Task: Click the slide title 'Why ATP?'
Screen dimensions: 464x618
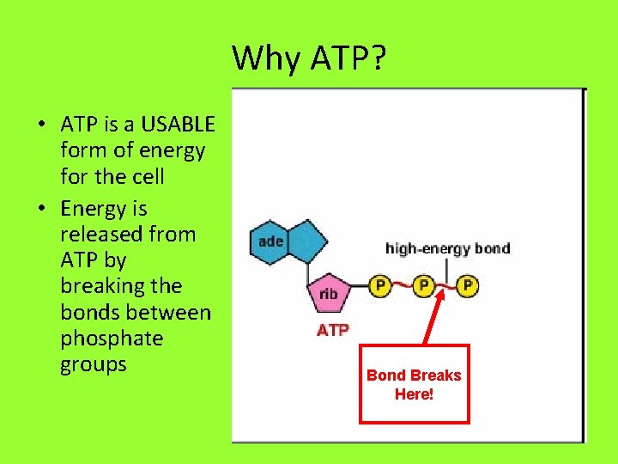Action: (309, 58)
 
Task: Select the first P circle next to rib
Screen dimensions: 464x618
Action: (379, 284)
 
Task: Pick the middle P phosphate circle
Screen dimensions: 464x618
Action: (423, 284)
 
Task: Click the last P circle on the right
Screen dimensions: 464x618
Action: (467, 284)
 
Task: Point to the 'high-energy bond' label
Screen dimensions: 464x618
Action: (447, 249)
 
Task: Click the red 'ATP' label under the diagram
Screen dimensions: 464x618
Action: (333, 330)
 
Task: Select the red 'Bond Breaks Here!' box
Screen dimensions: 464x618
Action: (414, 384)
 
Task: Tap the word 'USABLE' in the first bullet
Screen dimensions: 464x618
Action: (178, 125)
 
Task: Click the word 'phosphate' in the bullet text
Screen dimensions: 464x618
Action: (112, 339)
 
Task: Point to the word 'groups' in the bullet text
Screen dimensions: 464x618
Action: (94, 364)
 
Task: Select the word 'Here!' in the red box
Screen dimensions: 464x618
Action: (414, 394)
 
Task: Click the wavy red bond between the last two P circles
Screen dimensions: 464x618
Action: (445, 285)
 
